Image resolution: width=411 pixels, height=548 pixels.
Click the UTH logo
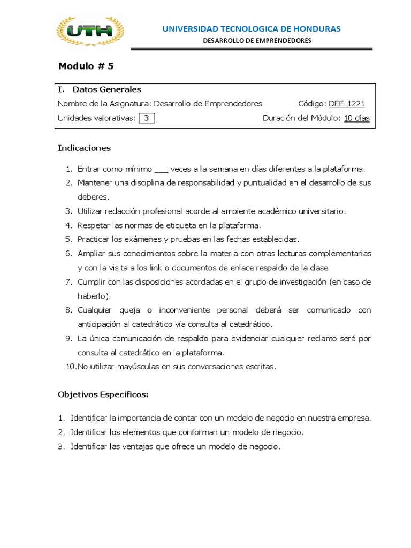[90, 32]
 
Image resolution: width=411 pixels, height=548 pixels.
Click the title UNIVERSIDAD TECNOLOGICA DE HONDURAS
[252, 28]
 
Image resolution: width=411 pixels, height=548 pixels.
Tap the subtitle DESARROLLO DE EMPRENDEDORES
[257, 41]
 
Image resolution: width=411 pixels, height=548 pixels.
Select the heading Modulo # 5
[86, 66]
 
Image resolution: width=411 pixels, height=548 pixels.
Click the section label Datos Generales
[107, 89]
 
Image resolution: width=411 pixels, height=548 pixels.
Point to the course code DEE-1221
[347, 104]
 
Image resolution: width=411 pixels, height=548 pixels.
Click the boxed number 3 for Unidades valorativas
[146, 118]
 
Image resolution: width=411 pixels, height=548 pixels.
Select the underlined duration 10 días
[356, 118]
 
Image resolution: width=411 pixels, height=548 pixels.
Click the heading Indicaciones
[84, 148]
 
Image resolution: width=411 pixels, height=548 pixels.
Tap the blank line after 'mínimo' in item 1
[161, 169]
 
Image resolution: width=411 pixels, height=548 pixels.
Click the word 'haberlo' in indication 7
[93, 296]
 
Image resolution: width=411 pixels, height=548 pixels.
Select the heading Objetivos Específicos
[103, 395]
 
